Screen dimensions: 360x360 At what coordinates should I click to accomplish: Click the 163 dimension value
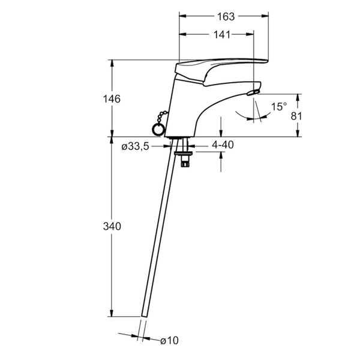[226, 17]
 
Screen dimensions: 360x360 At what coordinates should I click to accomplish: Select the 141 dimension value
[222, 35]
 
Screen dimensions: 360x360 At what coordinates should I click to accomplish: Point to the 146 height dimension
[112, 99]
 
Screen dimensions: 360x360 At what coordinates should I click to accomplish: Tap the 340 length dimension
[112, 227]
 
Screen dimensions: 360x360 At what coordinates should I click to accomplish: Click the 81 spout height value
[296, 116]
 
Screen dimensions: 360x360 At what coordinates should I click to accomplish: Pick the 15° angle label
[279, 107]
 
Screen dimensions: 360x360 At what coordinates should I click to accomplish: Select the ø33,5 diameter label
[136, 146]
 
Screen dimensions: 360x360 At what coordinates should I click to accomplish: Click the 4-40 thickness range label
[223, 145]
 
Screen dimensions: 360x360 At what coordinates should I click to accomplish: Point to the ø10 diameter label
[169, 340]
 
